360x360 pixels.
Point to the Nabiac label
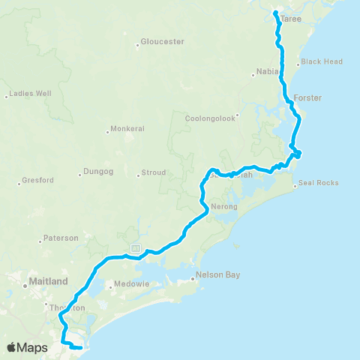[267, 73]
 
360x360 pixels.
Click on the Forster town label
[307, 98]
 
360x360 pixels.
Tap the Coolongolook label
[211, 117]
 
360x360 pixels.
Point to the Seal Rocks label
[318, 183]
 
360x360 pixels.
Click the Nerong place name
[224, 206]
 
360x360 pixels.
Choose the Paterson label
[61, 238]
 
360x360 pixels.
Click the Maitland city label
[47, 281]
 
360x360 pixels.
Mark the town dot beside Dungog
[79, 175]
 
